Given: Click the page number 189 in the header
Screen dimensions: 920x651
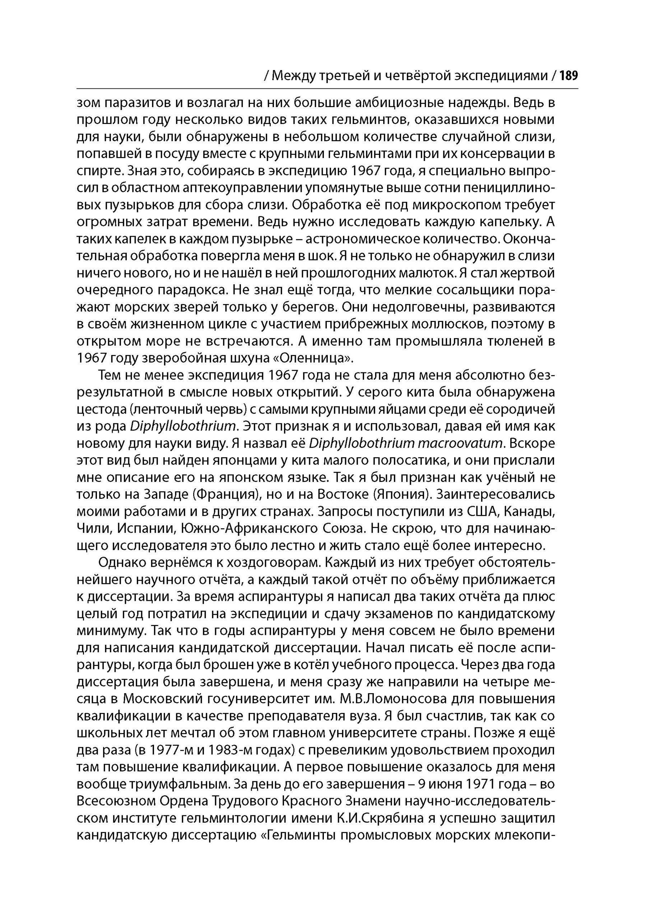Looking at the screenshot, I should point(568,76).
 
